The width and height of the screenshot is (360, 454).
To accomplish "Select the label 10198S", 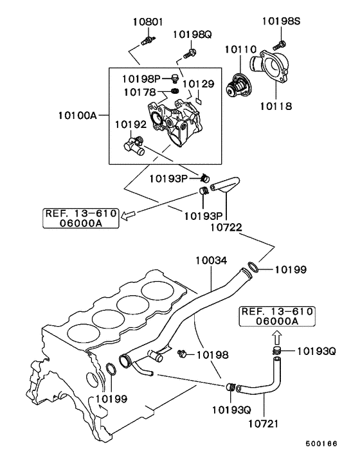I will click(x=281, y=21).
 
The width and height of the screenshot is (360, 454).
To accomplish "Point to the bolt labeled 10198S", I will click(x=280, y=44).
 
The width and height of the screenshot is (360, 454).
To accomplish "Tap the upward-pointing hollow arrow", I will click(x=276, y=334).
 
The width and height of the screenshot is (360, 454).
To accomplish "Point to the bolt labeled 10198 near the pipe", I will click(x=183, y=353).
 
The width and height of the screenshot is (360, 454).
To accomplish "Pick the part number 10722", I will click(x=224, y=227).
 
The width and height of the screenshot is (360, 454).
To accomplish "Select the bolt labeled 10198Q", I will click(x=191, y=51).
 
